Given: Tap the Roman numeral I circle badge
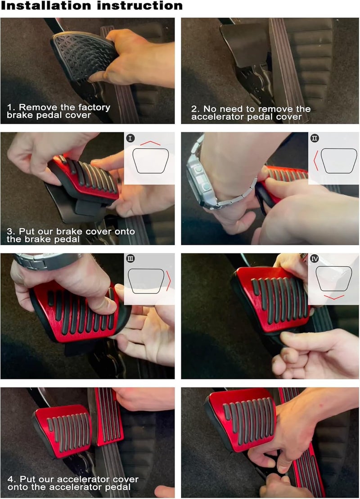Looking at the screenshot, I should [x=130, y=138].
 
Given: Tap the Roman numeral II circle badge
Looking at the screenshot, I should [x=315, y=138].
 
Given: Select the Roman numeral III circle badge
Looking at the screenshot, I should [x=131, y=259].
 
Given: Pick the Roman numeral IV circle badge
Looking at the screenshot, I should [x=315, y=259].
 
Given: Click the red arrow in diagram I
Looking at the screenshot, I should [x=149, y=143].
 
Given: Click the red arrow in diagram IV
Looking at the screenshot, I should [x=333, y=297].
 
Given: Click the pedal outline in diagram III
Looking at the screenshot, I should [x=146, y=281].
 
